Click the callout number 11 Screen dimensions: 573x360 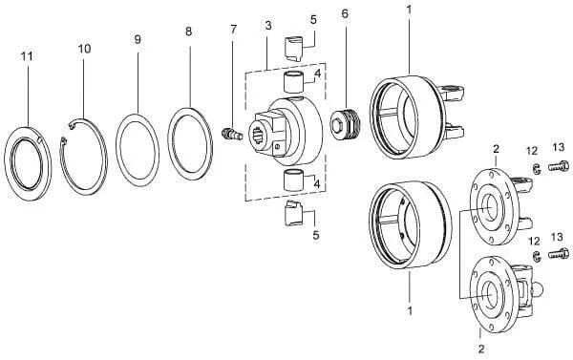tap(27, 56)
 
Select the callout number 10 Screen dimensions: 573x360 tap(84, 49)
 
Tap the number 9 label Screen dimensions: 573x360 tap(138, 39)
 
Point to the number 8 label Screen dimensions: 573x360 tap(188, 32)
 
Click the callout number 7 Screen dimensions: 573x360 tap(234, 29)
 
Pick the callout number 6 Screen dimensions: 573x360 tap(345, 14)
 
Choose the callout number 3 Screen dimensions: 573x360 tap(268, 26)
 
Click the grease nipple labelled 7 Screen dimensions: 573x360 tap(232, 133)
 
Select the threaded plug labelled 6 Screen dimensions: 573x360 tap(346, 124)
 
